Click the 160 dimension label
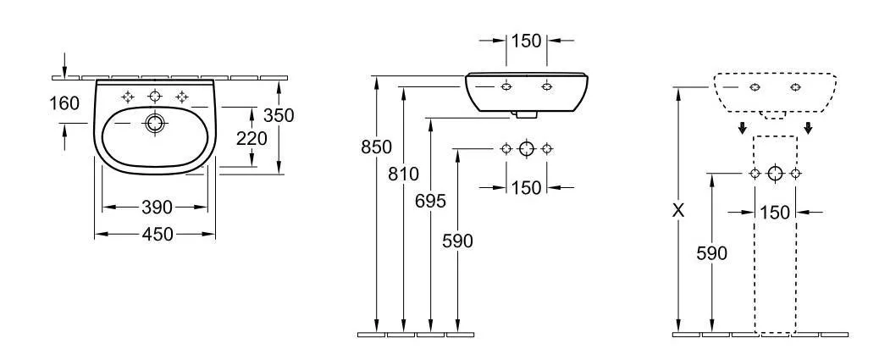tap(64, 104)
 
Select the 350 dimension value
tap(279, 115)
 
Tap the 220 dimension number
tap(252, 138)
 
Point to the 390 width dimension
tap(157, 208)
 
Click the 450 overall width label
tap(157, 234)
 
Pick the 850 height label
tap(376, 147)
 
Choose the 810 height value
tap(404, 174)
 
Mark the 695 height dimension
tap(430, 201)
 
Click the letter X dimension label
tap(677, 211)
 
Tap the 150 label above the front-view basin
tap(526, 42)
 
